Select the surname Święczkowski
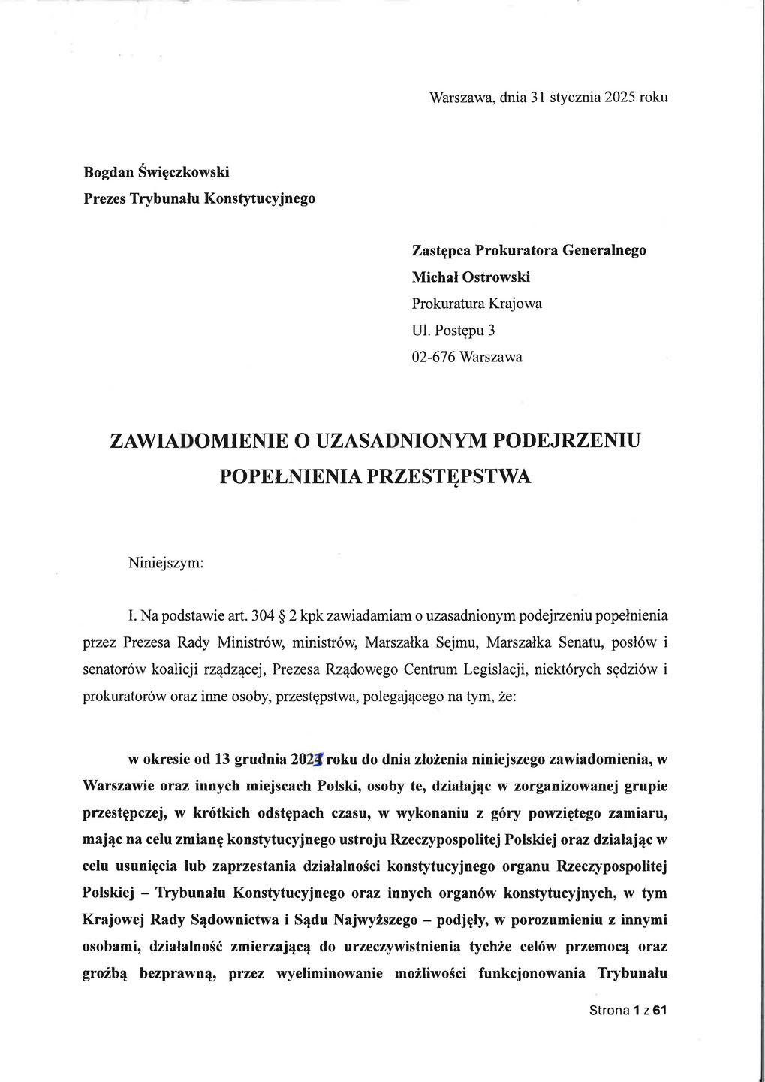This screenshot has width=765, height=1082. (x=183, y=172)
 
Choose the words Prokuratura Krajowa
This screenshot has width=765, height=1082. (x=477, y=304)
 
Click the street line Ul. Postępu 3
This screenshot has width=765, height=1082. (x=453, y=331)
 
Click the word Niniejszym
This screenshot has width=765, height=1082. (x=166, y=562)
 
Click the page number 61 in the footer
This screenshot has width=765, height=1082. (x=660, y=1011)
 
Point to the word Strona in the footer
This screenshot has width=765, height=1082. (x=609, y=1011)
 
